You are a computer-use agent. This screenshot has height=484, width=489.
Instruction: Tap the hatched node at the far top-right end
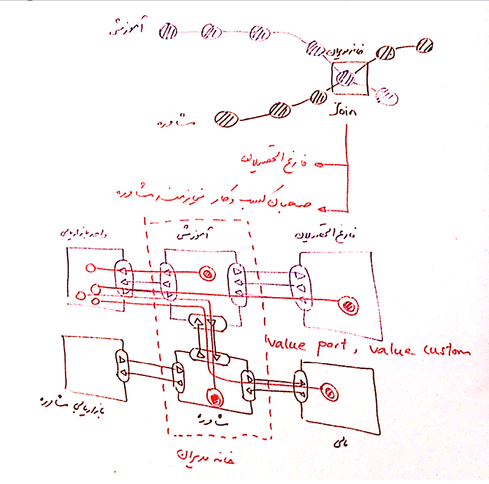pos(425,45)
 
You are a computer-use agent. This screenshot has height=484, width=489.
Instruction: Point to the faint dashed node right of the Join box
pos(386,95)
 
